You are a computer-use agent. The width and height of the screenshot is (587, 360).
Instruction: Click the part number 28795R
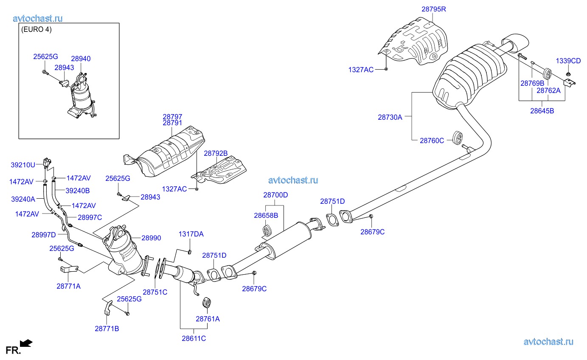434,8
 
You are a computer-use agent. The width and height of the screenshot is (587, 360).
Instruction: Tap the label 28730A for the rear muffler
390,117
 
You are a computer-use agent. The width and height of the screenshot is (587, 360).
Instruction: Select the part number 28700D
275,195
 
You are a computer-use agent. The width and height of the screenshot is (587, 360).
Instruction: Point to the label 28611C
194,338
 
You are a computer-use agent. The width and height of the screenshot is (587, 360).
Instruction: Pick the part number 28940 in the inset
81,59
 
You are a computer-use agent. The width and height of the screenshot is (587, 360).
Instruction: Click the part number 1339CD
568,61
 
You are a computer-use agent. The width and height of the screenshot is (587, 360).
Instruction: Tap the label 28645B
542,111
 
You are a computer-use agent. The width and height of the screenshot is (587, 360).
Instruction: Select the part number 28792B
216,153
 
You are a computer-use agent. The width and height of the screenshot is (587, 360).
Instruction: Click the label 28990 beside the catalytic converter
151,238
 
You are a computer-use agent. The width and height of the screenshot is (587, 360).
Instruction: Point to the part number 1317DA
191,234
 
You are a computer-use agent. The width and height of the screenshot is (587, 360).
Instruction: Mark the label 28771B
107,328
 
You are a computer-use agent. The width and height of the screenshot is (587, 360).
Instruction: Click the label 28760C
432,140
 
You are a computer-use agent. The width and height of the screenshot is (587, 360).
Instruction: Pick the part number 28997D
43,234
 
